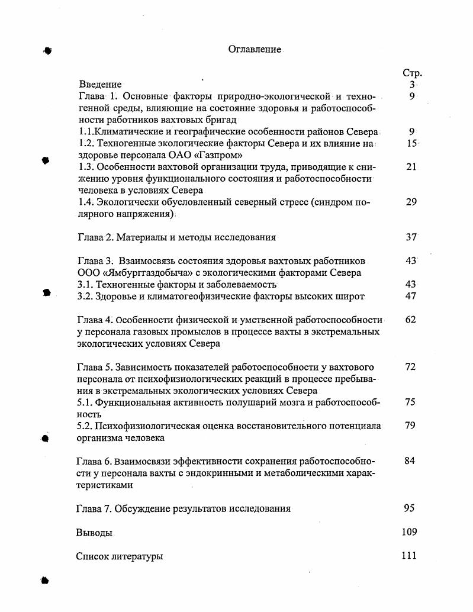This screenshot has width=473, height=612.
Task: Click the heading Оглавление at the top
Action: (x=255, y=50)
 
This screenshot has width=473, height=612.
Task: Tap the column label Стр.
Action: (x=412, y=73)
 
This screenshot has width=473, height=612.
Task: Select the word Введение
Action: (x=100, y=85)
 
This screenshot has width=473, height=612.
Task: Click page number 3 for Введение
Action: (x=411, y=85)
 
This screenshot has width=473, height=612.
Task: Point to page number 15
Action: (x=412, y=143)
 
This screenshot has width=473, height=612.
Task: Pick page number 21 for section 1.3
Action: (x=411, y=167)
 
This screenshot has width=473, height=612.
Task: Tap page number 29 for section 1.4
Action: (x=411, y=202)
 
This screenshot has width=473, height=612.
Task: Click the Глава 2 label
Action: (x=95, y=237)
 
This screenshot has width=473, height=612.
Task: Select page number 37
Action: (x=411, y=237)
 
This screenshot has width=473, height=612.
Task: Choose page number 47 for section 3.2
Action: (x=411, y=296)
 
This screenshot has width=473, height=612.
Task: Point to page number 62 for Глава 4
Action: (x=411, y=320)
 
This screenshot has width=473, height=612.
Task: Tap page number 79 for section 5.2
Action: (x=410, y=426)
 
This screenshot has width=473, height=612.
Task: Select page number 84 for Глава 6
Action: (x=410, y=461)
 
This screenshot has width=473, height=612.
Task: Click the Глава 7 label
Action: (x=94, y=508)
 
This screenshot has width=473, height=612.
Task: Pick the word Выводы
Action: (x=94, y=532)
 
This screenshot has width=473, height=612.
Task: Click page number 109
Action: (x=409, y=532)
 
